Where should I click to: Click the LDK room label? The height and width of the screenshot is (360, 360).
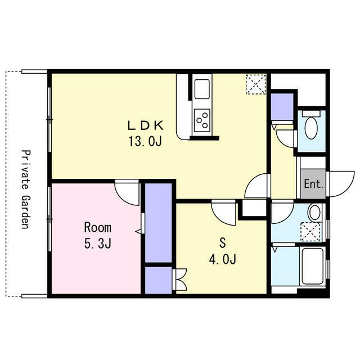tap(146, 125)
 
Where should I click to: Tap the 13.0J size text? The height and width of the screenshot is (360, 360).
tap(145, 141)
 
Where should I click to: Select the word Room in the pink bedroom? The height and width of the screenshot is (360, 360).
tap(98, 227)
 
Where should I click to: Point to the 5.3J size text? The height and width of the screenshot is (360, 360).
tap(98, 244)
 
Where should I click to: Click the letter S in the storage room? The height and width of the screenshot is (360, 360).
tap(223, 243)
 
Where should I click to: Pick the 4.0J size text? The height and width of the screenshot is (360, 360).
tap(223, 259)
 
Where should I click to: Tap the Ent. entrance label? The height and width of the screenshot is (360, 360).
tap(314, 184)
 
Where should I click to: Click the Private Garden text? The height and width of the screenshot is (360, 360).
tap(26, 189)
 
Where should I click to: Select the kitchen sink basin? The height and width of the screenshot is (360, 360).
tap(202, 89)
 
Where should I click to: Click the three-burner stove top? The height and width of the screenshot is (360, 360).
tap(202, 120)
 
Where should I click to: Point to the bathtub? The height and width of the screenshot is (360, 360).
tap(313, 266)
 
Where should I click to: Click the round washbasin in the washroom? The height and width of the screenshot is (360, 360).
tap(314, 213)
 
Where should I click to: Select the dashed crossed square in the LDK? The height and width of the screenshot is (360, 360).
tap(256, 84)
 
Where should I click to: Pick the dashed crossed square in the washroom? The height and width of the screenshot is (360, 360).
tap(310, 232)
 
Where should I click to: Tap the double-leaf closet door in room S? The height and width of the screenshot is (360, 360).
tap(180, 280)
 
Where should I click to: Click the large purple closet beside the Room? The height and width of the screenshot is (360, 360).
tap(159, 223)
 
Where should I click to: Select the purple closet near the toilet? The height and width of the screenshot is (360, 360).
tap(282, 107)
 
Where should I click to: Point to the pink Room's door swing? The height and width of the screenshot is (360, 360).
tap(127, 193)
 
